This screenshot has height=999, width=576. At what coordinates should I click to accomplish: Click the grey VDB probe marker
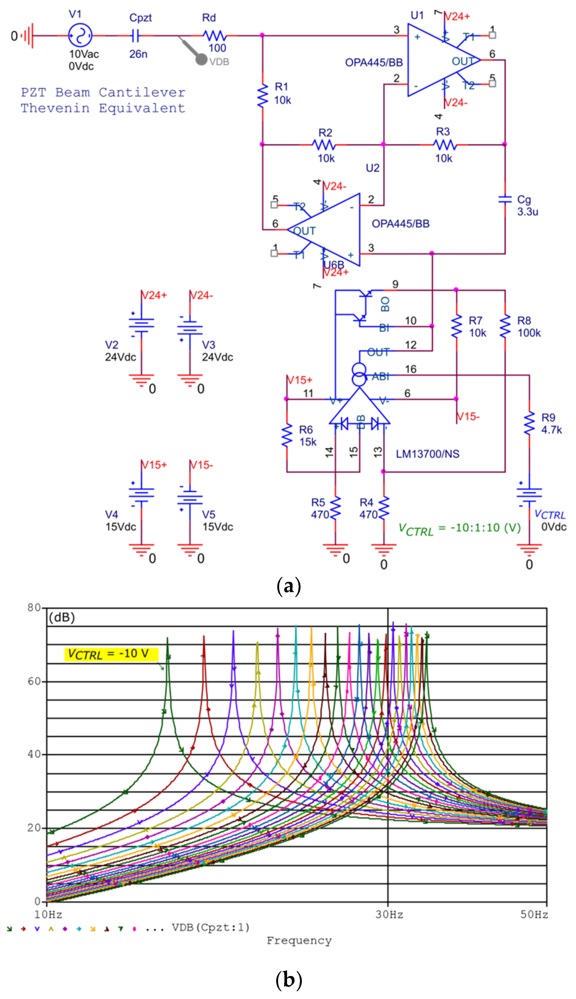click(202, 59)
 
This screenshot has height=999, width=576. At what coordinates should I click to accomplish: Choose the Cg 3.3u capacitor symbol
click(505, 200)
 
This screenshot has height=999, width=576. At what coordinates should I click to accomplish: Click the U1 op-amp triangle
click(439, 60)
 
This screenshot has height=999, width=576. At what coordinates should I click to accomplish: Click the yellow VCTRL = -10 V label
click(111, 654)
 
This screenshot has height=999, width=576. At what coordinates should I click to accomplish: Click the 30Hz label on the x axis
click(389, 914)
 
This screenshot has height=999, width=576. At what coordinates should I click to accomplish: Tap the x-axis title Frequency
click(299, 941)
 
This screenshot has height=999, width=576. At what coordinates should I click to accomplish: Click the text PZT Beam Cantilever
click(103, 92)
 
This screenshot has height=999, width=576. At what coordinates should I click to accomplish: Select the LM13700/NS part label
click(428, 454)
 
